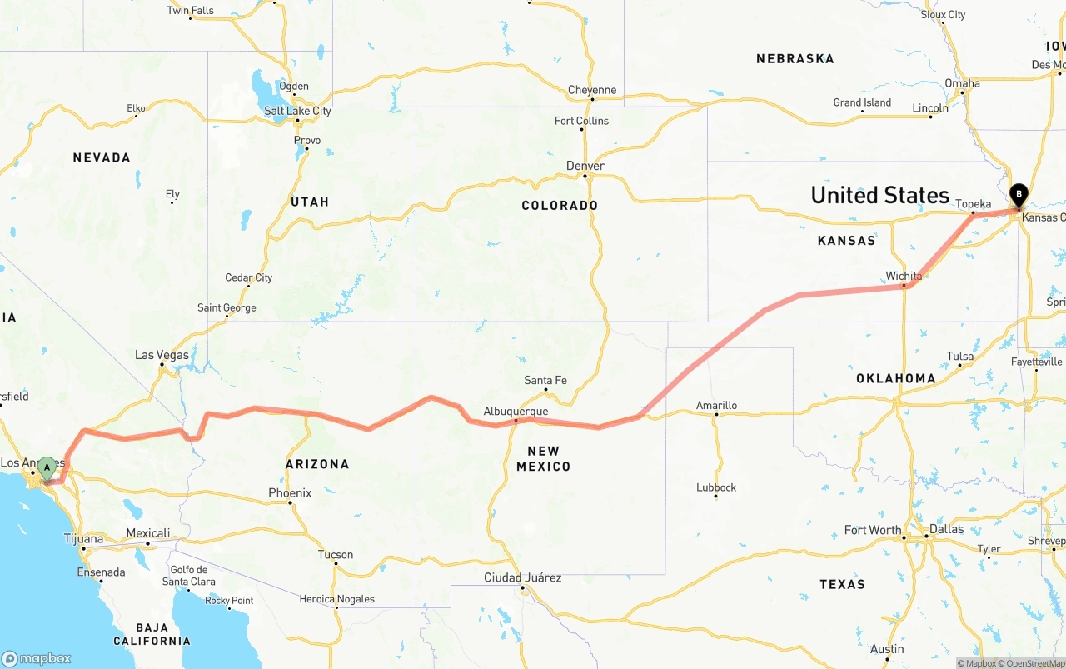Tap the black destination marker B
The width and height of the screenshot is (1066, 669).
pyautogui.click(x=1018, y=196)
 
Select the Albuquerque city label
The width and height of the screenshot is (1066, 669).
pyautogui.click(x=516, y=411)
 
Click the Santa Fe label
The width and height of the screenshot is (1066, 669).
pyautogui.click(x=545, y=381)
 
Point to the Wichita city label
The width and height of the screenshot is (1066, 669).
pyautogui.click(x=904, y=276)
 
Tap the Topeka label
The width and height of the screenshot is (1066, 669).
pyautogui.click(x=973, y=204)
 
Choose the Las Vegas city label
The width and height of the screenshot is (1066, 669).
pyautogui.click(x=162, y=355)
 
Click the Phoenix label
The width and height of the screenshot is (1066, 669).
pyautogui.click(x=290, y=493)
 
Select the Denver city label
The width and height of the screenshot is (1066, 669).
pyautogui.click(x=585, y=166)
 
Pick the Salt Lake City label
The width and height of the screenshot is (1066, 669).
pyautogui.click(x=297, y=111)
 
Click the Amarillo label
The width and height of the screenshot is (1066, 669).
pyautogui.click(x=716, y=406)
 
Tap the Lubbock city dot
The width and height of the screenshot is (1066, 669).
pyautogui.click(x=715, y=497)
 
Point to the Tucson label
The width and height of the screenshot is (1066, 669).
pyautogui.click(x=336, y=555)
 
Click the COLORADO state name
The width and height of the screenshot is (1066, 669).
pyautogui.click(x=560, y=205)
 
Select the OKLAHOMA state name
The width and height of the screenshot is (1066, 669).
pyautogui.click(x=896, y=378)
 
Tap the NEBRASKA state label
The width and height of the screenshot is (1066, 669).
pyautogui.click(x=795, y=58)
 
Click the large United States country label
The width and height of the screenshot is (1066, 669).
pyautogui.click(x=879, y=195)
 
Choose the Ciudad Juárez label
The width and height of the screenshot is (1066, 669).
pyautogui.click(x=523, y=577)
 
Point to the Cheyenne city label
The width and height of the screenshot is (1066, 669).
pyautogui.click(x=592, y=90)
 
